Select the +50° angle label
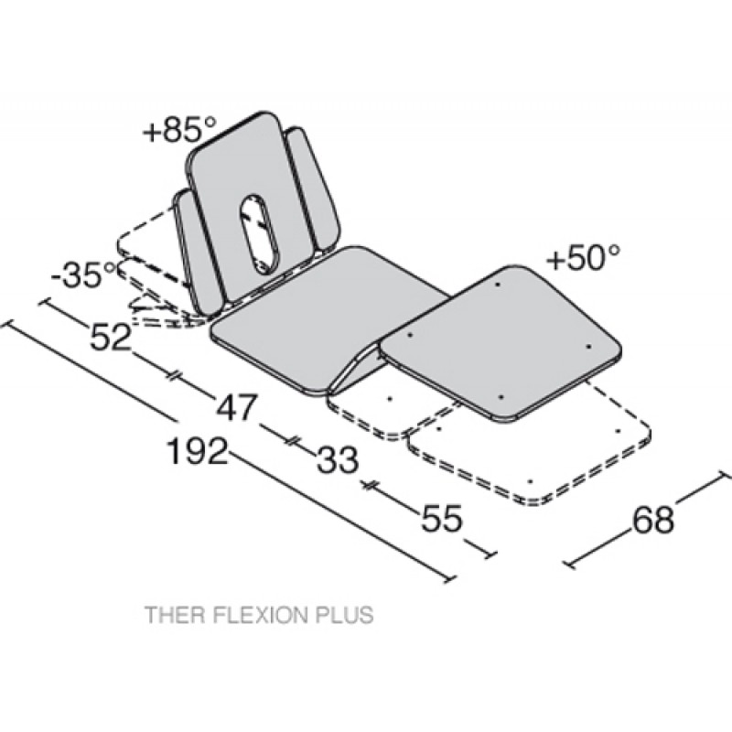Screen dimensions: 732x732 (584, 257)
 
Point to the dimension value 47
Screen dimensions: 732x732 (236, 407)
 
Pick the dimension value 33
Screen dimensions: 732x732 (338, 459)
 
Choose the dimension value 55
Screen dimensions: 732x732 (442, 517)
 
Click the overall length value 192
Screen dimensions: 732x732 (198, 450)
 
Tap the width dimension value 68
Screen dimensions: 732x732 (653, 519)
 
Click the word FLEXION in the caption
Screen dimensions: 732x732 (260, 614)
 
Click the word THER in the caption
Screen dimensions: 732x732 (176, 614)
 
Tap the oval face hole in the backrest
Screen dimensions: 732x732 (259, 233)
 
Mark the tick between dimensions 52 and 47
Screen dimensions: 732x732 (173, 374)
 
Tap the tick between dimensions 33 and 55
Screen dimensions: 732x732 (370, 485)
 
